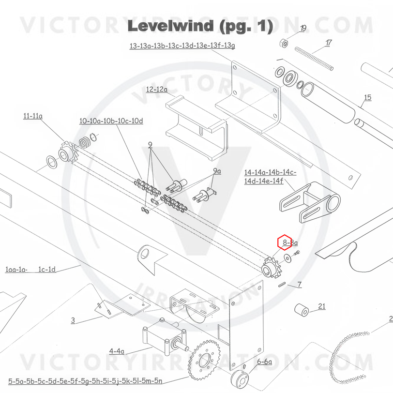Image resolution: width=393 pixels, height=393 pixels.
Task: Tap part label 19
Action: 303,29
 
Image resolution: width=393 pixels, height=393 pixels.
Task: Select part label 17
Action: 329,43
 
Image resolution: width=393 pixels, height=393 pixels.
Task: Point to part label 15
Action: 367,98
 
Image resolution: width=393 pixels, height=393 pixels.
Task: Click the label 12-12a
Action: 157,90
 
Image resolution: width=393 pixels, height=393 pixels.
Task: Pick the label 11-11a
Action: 33,116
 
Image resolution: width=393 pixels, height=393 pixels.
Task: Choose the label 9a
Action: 217,171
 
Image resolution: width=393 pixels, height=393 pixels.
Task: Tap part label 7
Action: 300,285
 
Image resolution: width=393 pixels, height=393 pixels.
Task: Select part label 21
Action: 322,306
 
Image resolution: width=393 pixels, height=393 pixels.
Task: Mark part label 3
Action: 73,320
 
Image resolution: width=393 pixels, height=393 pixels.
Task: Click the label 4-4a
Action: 117,351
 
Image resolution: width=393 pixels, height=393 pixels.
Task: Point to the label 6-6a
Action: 264,362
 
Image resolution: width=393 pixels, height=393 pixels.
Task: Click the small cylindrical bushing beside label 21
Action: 302,310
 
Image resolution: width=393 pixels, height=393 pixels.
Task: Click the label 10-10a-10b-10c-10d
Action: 111,121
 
